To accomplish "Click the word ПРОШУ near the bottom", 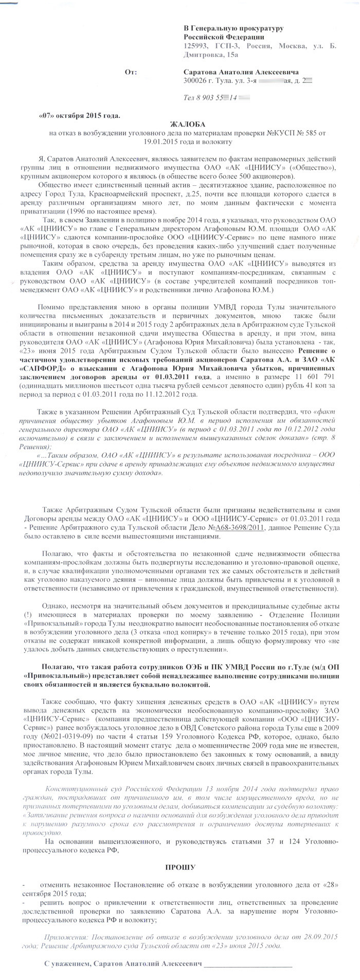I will click(179, 867).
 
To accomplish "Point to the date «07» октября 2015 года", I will click(79, 116).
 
